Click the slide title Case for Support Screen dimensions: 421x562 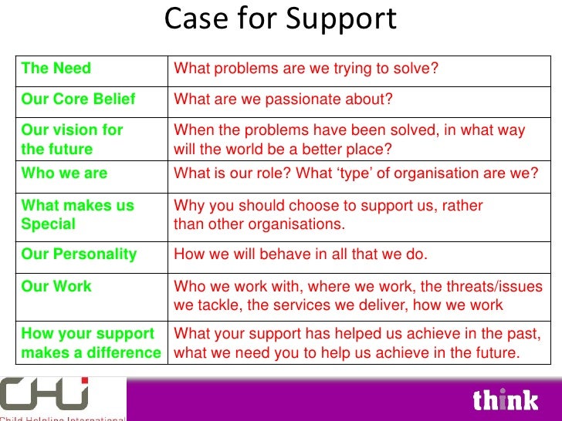click(x=280, y=19)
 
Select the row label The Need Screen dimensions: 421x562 click(x=56, y=69)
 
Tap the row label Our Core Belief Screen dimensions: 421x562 click(x=79, y=99)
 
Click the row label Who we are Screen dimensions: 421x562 click(x=65, y=173)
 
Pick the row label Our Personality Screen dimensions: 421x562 click(x=80, y=254)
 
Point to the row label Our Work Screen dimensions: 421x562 click(x=56, y=286)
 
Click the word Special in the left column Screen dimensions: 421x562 click(x=49, y=224)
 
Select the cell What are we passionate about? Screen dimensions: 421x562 click(x=283, y=99)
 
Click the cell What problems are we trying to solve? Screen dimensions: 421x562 click(x=306, y=69)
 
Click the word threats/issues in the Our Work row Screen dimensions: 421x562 click(x=495, y=286)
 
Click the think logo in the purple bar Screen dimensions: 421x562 click(x=505, y=399)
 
